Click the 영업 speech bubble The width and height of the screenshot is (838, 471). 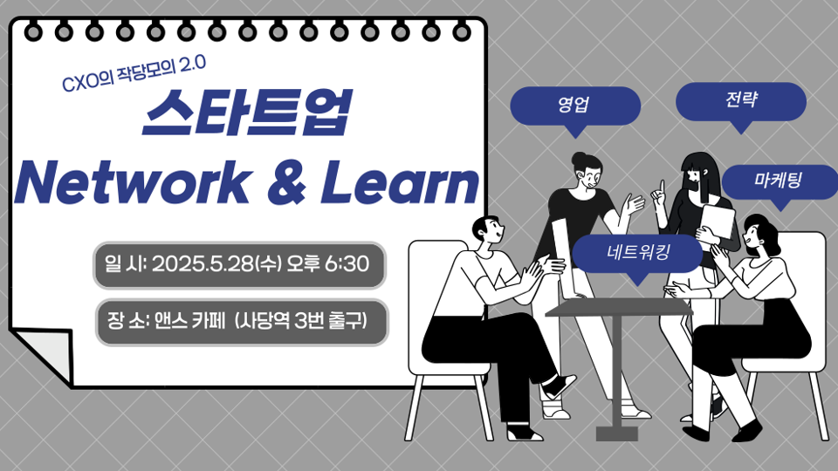pos(575,106)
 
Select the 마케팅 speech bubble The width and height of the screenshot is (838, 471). pos(780,182)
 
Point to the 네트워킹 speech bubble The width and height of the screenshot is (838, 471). pos(637,254)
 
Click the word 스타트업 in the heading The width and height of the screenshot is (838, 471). pos(247,113)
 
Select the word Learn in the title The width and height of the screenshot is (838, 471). pos(399,182)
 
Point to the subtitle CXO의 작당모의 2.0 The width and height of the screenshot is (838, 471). pos(134,72)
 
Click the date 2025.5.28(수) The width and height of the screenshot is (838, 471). pos(216,263)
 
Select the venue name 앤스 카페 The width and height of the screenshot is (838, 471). pos(189,321)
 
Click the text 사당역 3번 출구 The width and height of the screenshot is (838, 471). pos(302,321)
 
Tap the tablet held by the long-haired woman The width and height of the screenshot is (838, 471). pos(717,224)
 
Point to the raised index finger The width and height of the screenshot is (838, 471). pos(662,187)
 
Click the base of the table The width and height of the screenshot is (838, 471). pos(617,433)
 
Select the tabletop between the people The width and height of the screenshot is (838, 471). pos(619,307)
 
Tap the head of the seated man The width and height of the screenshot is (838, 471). pos(488,229)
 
